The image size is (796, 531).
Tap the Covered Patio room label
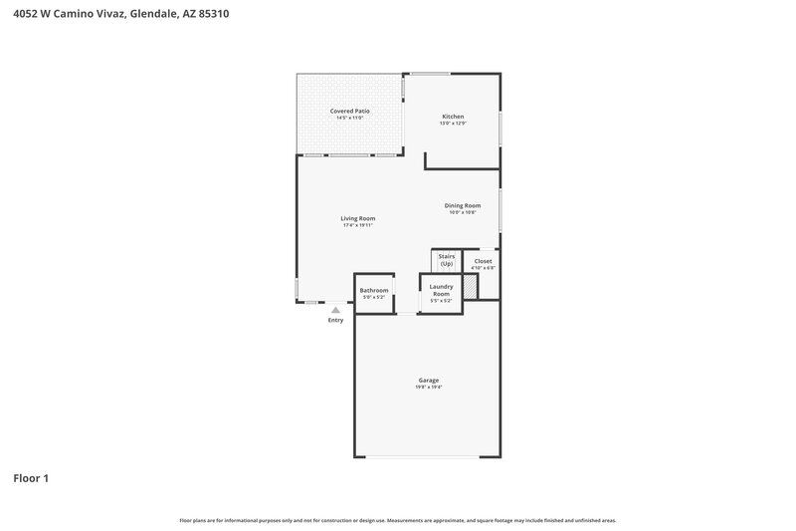[x=349, y=111]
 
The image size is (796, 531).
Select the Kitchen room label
[x=453, y=117]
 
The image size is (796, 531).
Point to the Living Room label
[x=357, y=218]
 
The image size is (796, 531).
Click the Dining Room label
[x=463, y=205]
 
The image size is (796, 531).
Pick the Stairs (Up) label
[x=447, y=260]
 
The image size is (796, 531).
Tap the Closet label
[x=483, y=261]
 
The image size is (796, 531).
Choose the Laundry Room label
[x=441, y=290]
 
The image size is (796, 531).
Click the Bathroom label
[x=374, y=290]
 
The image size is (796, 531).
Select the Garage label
[x=428, y=380]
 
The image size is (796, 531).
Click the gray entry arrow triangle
[x=335, y=310]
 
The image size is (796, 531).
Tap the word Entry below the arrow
[x=335, y=320]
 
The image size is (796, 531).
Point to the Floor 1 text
[x=30, y=478]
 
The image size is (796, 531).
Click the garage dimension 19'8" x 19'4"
[x=428, y=387]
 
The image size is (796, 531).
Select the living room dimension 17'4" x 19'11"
[x=357, y=225]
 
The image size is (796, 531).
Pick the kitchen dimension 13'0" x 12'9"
[x=453, y=124]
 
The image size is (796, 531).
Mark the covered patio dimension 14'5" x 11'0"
[x=349, y=118]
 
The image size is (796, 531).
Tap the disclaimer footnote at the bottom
[x=397, y=520]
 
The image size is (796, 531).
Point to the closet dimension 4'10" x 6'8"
[x=483, y=268]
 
